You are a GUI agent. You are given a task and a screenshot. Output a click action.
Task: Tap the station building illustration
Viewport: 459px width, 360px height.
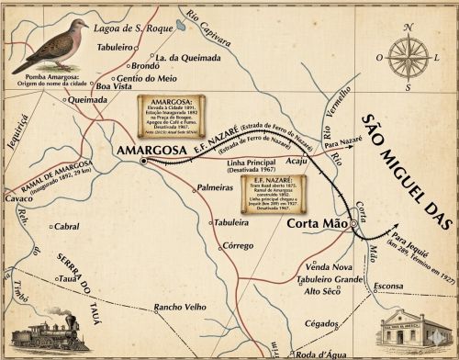pyautogui.click(x=416, y=330)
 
